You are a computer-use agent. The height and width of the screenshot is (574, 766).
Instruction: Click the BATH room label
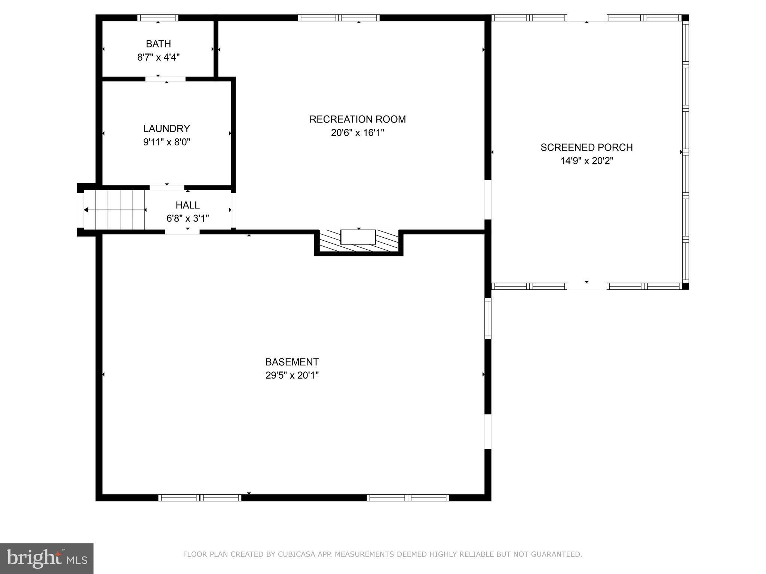pyautogui.click(x=158, y=44)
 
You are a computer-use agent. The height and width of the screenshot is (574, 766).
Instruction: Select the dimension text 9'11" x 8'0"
pyautogui.click(x=167, y=142)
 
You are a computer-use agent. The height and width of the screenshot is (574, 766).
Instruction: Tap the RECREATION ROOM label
pyautogui.click(x=357, y=119)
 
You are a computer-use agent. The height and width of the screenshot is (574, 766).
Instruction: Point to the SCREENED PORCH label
pyautogui.click(x=586, y=147)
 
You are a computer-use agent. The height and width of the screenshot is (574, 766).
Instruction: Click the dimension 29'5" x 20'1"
pyautogui.click(x=292, y=375)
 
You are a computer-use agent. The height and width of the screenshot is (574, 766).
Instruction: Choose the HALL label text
pyautogui.click(x=187, y=205)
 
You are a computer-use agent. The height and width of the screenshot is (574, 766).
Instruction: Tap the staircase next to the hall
pyautogui.click(x=114, y=210)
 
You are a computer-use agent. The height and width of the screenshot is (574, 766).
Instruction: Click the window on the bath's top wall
pyautogui.click(x=157, y=18)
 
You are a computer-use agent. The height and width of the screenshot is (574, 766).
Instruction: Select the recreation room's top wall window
pyautogui.click(x=338, y=18)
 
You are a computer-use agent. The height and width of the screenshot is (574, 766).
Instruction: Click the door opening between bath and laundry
pyautogui.click(x=165, y=79)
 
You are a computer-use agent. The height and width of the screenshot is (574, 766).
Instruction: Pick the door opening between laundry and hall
pyautogui.click(x=167, y=188)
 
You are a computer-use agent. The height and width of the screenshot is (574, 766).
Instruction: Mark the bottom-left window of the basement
pyautogui.click(x=200, y=497)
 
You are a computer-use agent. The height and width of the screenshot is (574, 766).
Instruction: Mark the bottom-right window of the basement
pyautogui.click(x=408, y=497)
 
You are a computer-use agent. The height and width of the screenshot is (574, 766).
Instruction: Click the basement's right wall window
pyautogui.click(x=488, y=318)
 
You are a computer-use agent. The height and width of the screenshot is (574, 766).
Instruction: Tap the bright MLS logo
pyautogui.click(x=47, y=558)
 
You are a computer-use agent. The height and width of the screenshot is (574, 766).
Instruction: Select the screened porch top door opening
pyautogui.click(x=587, y=18)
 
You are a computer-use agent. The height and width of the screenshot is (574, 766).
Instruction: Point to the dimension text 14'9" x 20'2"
pyautogui.click(x=586, y=161)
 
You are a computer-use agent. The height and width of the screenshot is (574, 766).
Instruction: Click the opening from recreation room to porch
pyautogui.click(x=488, y=200)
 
